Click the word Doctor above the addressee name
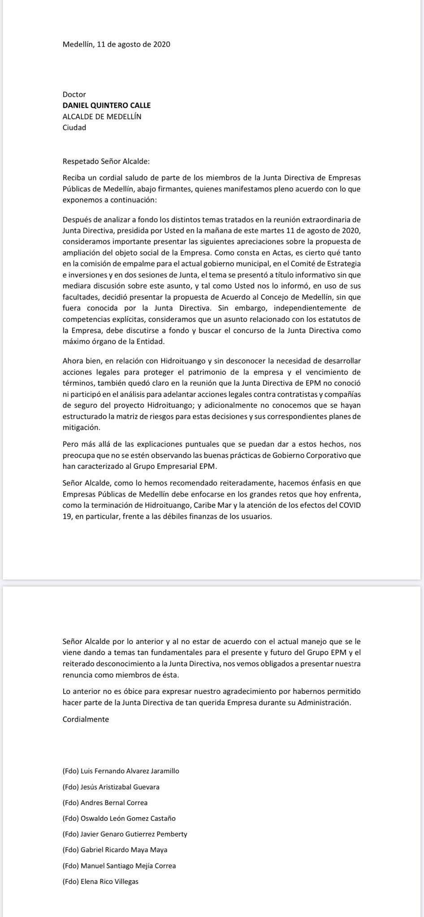click(x=74, y=94)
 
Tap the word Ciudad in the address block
click(x=74, y=127)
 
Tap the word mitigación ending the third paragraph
click(x=81, y=427)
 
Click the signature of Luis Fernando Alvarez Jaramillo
click(x=121, y=771)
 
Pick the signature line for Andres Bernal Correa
click(x=105, y=802)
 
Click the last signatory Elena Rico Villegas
click(x=100, y=881)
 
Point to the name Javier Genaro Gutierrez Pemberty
click(x=125, y=834)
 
